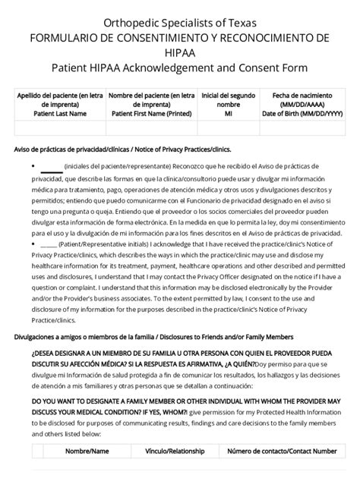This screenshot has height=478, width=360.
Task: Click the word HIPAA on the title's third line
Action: pos(180,50)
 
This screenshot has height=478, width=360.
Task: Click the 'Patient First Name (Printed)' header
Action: pos(151,113)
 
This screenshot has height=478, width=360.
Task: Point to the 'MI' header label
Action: pos(229,113)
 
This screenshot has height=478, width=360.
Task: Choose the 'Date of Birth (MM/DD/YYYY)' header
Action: pos(302,113)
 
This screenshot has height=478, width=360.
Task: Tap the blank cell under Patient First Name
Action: pos(151,127)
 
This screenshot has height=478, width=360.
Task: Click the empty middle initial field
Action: pos(229,127)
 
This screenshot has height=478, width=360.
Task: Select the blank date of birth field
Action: pos(302,127)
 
